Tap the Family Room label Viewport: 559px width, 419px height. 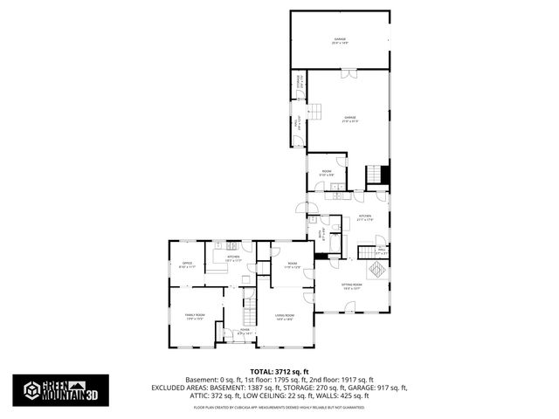click(x=194, y=317)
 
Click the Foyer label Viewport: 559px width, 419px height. click(x=244, y=331)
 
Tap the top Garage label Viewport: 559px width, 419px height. click(x=339, y=40)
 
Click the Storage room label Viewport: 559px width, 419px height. click(x=300, y=84)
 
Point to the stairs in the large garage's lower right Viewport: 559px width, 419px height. click(x=375, y=174)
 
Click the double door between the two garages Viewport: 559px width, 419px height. click(x=348, y=73)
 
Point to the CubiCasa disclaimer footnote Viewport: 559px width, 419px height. click(x=279, y=406)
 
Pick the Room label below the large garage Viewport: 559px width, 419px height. click(x=326, y=173)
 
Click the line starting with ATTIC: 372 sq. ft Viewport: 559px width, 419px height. click(x=279, y=395)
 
